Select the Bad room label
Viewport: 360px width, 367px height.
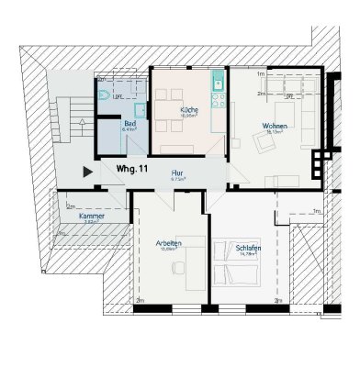129,122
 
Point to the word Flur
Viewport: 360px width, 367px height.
176,172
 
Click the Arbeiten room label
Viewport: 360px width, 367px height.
169,242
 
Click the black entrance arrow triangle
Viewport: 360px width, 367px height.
87,171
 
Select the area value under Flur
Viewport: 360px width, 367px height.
176,180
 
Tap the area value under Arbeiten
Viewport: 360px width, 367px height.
169,250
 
